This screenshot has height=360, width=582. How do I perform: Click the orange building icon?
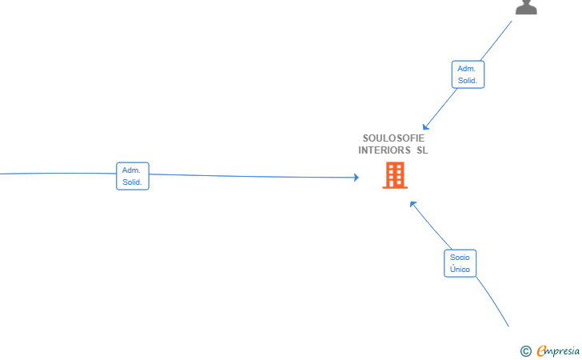point(395,175)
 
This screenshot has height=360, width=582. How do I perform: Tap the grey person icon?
point(526,7)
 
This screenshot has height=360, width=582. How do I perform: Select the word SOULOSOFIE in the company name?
point(393,138)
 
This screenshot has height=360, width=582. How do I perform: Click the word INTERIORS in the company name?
point(385,150)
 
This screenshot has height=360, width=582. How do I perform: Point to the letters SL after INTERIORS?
point(422,150)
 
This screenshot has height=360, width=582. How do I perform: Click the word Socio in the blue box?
point(460,257)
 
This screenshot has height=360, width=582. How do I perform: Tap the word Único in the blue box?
point(460,269)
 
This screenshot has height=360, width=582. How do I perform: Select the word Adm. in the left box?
point(131,170)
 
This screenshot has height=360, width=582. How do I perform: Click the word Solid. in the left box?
point(132,182)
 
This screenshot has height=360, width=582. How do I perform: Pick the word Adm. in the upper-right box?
point(467,69)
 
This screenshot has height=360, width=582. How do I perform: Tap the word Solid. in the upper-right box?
point(468,81)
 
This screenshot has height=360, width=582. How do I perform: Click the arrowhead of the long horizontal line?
point(357,178)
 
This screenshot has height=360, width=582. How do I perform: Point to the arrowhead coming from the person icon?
point(426,127)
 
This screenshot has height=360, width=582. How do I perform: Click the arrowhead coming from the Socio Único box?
point(413,204)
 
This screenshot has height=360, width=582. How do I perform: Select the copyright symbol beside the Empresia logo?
point(525,351)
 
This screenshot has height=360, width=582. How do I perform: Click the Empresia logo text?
point(558,351)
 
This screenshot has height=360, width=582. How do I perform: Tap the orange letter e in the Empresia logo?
point(541,350)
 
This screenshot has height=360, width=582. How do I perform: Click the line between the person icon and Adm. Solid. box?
point(496,41)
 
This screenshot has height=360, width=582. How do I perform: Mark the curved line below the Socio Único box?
point(493,301)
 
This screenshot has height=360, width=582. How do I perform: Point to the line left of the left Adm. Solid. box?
point(58,173)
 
